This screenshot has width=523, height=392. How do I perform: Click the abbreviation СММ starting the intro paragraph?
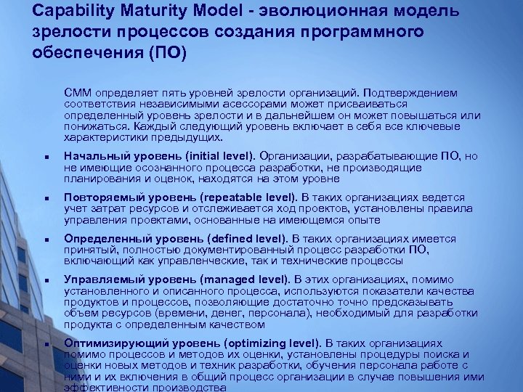point(78,93)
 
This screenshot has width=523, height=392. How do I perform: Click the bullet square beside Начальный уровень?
point(45,157)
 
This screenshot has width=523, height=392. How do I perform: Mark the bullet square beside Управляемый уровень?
point(45,280)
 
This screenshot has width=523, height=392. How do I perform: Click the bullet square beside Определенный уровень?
point(45,240)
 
